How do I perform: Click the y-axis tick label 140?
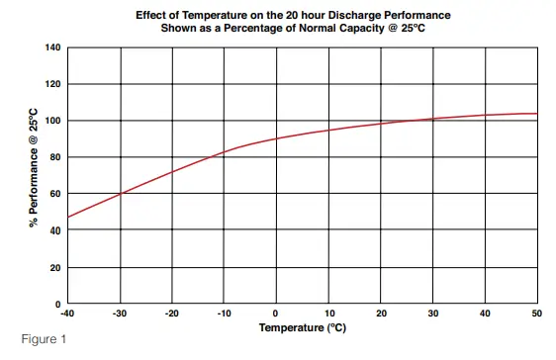pos(52,47)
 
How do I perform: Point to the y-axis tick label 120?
pos(52,84)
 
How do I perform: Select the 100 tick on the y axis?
pos(52,121)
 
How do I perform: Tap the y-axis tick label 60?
pos(54,194)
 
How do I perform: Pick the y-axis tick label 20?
pos(54,268)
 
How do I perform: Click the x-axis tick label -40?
pos(67,314)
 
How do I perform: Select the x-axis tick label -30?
pos(120,314)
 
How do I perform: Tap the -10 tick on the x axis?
pos(224,314)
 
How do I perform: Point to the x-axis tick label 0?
pos(276,314)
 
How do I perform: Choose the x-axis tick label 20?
pos(381,314)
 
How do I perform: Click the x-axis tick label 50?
pos(537,314)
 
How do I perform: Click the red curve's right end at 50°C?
pos(537,114)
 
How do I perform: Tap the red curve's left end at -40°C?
pos(68,218)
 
